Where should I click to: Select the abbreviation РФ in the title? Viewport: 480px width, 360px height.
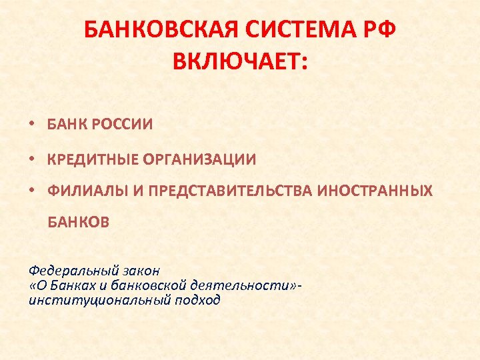click(x=382, y=31)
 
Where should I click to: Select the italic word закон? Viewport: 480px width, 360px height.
click(x=142, y=271)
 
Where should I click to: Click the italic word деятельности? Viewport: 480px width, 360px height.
click(x=245, y=285)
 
